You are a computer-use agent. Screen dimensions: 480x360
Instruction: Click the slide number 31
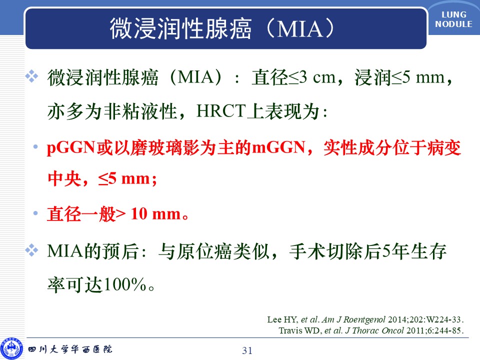[x=247, y=350]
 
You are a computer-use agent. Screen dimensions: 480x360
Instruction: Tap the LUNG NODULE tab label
[x=453, y=19]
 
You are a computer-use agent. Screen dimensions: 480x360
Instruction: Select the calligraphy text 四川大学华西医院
[x=70, y=349]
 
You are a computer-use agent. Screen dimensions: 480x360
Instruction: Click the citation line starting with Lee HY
[x=365, y=319]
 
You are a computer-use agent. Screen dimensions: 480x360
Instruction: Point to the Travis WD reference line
[x=371, y=330]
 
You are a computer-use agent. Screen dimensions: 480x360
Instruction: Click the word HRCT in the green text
[x=221, y=111]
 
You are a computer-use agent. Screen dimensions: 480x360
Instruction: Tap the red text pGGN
[x=70, y=148]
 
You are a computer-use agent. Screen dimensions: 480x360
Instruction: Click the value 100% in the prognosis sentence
[x=125, y=284]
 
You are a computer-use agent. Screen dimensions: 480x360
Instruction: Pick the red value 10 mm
[x=156, y=213]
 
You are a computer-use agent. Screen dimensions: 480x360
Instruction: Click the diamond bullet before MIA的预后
[x=31, y=250]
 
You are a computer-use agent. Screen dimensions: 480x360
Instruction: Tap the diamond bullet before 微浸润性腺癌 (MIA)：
[x=31, y=76]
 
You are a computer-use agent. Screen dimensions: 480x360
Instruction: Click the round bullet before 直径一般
[x=35, y=213]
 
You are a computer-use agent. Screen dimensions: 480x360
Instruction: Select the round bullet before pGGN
[x=35, y=147]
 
